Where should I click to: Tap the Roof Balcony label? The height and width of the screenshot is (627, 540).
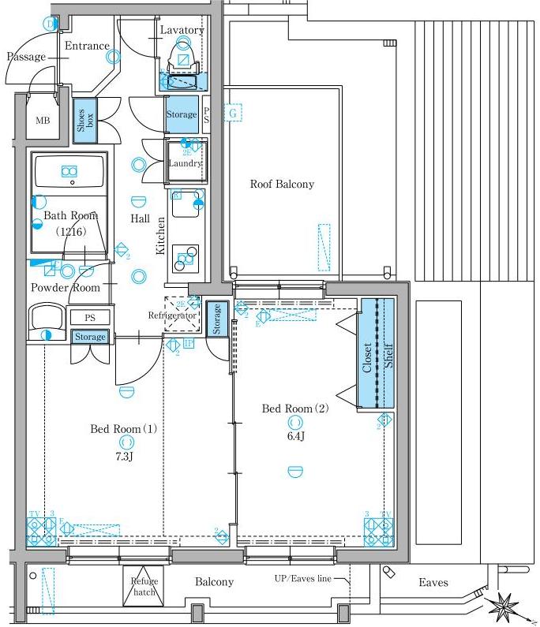(282, 185)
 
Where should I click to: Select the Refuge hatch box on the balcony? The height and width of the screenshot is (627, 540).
(145, 586)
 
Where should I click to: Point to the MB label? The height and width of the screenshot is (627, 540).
(42, 121)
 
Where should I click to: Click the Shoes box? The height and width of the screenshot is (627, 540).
(84, 120)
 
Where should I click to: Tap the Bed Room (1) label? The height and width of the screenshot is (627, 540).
(124, 429)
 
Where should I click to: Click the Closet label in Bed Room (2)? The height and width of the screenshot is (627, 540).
(367, 357)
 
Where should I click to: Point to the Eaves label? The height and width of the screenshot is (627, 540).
(433, 583)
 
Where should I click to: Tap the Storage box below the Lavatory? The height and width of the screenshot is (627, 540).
(182, 115)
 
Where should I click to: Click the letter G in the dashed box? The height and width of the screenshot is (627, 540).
(233, 113)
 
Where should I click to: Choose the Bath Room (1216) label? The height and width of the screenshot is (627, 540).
(70, 223)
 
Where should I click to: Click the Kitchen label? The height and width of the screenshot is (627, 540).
(160, 236)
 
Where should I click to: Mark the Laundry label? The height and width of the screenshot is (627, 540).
(186, 163)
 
